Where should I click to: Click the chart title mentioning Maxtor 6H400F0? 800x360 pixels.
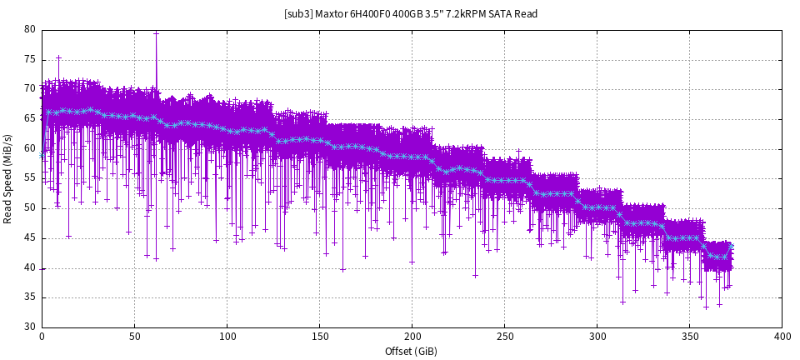click(x=399, y=14)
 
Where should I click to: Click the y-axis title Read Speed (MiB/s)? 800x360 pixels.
click(x=8, y=178)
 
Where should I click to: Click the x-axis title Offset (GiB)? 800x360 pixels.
click(x=412, y=351)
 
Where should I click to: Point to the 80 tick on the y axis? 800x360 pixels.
click(x=30, y=29)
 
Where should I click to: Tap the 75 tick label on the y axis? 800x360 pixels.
click(x=30, y=59)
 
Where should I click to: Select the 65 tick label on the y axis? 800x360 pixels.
click(x=30, y=119)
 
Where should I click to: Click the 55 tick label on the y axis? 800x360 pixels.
click(x=30, y=178)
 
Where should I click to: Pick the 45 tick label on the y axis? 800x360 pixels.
click(x=30, y=238)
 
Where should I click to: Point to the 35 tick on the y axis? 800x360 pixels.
click(x=30, y=297)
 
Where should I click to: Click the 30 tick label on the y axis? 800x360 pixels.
click(x=30, y=327)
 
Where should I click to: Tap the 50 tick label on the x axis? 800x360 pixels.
click(x=134, y=336)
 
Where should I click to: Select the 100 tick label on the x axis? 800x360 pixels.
click(x=227, y=336)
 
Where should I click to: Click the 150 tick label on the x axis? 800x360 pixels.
click(x=319, y=336)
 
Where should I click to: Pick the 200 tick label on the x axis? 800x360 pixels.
click(x=412, y=336)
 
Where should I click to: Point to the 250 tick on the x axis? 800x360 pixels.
click(x=504, y=336)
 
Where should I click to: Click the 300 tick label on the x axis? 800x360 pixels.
click(x=597, y=336)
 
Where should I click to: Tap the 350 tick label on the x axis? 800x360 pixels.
click(x=689, y=336)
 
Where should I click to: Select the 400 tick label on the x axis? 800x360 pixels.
click(x=782, y=336)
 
